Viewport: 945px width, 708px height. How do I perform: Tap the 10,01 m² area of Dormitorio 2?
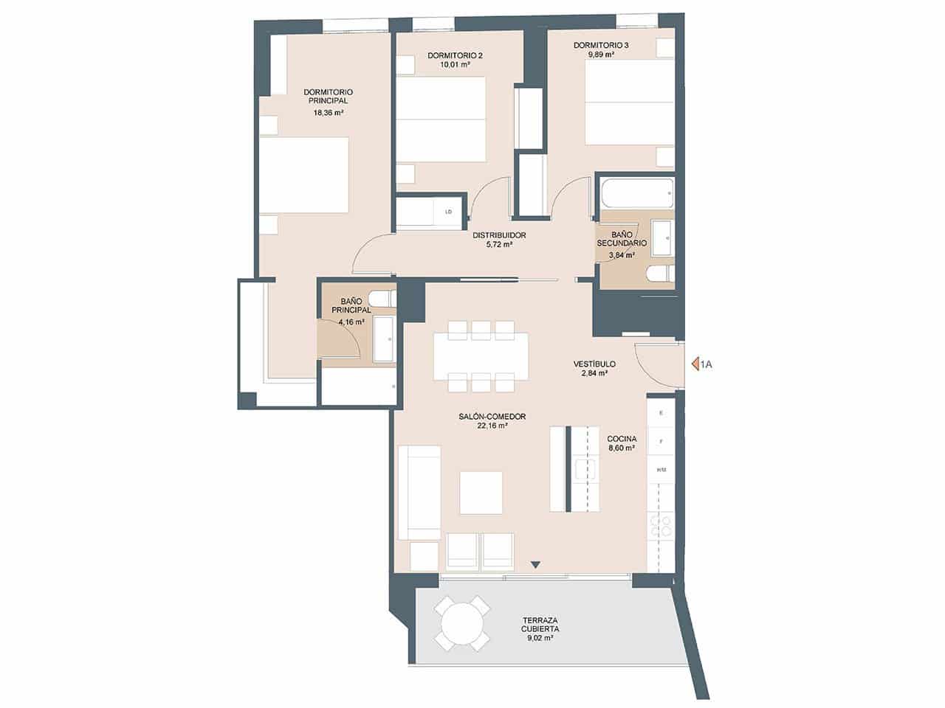pyautogui.click(x=455, y=65)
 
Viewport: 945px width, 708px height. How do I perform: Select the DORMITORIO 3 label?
pyautogui.click(x=601, y=45)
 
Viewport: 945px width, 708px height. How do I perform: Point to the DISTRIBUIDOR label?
pyautogui.click(x=498, y=235)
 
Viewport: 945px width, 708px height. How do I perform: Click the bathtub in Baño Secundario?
pyautogui.click(x=636, y=193)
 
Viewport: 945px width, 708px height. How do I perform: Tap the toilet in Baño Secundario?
pyautogui.click(x=659, y=275)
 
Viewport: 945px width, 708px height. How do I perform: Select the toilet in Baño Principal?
pyautogui.click(x=382, y=299)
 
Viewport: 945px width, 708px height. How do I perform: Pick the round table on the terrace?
pyautogui.click(x=461, y=624)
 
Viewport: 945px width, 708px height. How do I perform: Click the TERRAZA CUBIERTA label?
pyautogui.click(x=540, y=625)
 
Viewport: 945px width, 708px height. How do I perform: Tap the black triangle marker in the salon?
pyautogui.click(x=536, y=565)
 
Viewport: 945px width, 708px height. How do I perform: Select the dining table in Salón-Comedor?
pyautogui.click(x=481, y=356)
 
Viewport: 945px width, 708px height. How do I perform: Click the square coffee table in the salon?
pyautogui.click(x=481, y=493)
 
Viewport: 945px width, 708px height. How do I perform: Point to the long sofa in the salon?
pyautogui.click(x=419, y=493)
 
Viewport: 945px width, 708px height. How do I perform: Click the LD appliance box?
pyautogui.click(x=448, y=212)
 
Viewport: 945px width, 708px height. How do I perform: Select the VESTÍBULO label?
pyautogui.click(x=594, y=364)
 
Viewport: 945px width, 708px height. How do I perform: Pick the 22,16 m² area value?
pyautogui.click(x=492, y=426)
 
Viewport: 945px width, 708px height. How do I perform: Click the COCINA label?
pyautogui.click(x=622, y=438)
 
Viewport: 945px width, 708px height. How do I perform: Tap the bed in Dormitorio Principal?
pyautogui.click(x=303, y=176)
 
